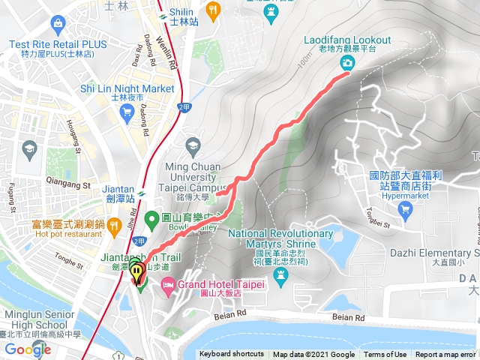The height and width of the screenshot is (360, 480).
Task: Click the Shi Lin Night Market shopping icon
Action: tap(126, 112)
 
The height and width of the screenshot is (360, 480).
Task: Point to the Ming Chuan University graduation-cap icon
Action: tap(193, 145)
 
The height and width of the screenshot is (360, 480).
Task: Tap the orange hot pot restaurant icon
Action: tap(112, 224)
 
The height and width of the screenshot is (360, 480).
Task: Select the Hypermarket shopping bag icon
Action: tap(406, 208)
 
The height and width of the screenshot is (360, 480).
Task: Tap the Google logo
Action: tap(27, 349)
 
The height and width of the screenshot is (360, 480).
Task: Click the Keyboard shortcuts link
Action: tap(232, 355)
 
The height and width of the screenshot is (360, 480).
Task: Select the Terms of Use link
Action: tap(385, 355)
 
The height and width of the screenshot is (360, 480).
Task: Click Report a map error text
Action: tap(445, 355)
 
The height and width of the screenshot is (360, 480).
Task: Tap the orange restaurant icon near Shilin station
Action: tap(214, 10)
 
